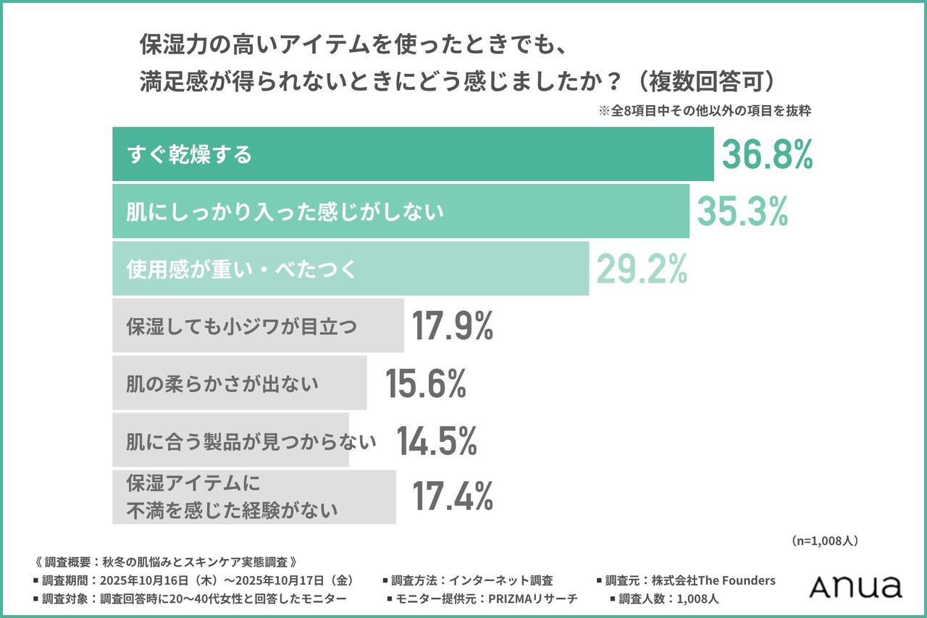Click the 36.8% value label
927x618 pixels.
coord(767,154)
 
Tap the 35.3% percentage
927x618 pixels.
coord(742,211)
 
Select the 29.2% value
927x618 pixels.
coord(642,269)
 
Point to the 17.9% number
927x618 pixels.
coord(453,326)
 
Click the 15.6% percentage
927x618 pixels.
coord(425,383)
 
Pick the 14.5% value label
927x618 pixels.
coord(436,440)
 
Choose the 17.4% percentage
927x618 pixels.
coord(453,497)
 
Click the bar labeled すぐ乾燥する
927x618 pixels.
coord(413,154)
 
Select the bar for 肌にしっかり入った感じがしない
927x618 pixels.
coord(400,212)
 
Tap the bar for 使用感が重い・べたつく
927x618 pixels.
coord(351,269)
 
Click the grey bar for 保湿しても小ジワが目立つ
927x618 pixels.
coord(258,326)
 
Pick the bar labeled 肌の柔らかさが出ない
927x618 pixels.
coord(239,383)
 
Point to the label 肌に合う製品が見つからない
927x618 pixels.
coord(251,440)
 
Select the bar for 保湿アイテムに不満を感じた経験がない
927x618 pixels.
coord(253,497)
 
